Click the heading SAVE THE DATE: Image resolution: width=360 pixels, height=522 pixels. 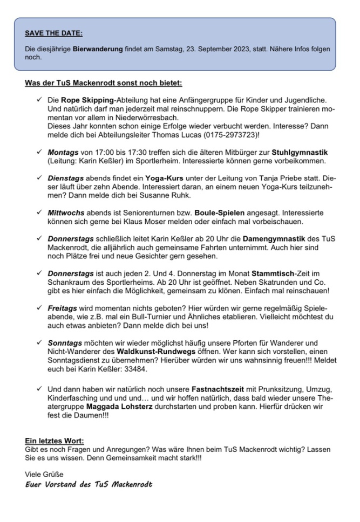[54, 33]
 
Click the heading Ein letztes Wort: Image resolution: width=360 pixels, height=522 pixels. [55, 441]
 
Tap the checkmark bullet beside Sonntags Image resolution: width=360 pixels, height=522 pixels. [39, 342]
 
